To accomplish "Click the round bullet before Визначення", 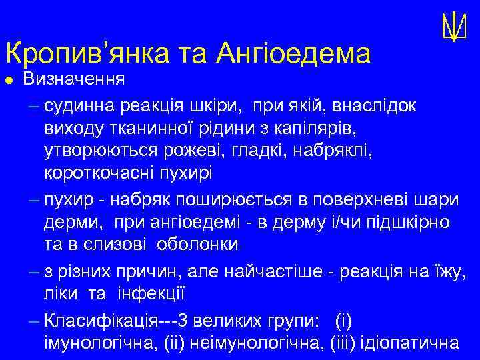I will [9, 81].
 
